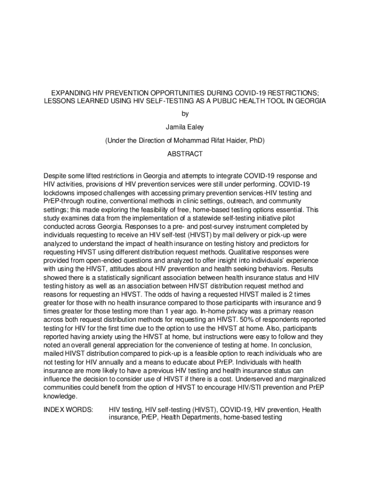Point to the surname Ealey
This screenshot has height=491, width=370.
point(196,128)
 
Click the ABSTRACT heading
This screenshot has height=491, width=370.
point(185,154)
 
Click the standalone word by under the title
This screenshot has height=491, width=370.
point(185,114)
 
